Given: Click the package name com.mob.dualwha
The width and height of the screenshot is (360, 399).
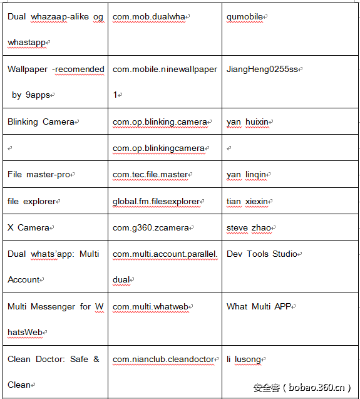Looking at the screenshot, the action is click(x=150, y=17).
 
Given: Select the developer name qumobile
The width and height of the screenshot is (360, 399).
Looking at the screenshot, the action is click(x=245, y=17).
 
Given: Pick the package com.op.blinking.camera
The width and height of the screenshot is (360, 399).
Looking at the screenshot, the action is click(x=160, y=122).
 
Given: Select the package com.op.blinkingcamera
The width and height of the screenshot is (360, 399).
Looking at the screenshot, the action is click(x=158, y=148).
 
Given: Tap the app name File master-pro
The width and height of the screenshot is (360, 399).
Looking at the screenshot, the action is click(x=39, y=175).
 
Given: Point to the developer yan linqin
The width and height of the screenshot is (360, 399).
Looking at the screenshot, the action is click(x=247, y=175).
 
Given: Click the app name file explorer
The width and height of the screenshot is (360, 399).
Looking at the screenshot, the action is click(x=31, y=202).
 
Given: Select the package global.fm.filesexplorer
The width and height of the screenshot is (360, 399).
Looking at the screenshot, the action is click(x=157, y=202).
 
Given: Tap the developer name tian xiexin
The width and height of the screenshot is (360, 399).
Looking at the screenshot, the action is click(x=247, y=202).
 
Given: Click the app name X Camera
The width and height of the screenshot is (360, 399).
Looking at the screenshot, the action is click(x=28, y=228).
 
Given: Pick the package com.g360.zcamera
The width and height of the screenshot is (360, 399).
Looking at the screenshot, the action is click(x=151, y=228).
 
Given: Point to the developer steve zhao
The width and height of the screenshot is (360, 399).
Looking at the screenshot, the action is click(x=249, y=228).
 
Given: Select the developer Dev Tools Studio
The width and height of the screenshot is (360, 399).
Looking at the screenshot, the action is click(x=262, y=254).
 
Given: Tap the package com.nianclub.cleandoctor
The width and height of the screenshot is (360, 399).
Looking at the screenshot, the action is click(x=163, y=360).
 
